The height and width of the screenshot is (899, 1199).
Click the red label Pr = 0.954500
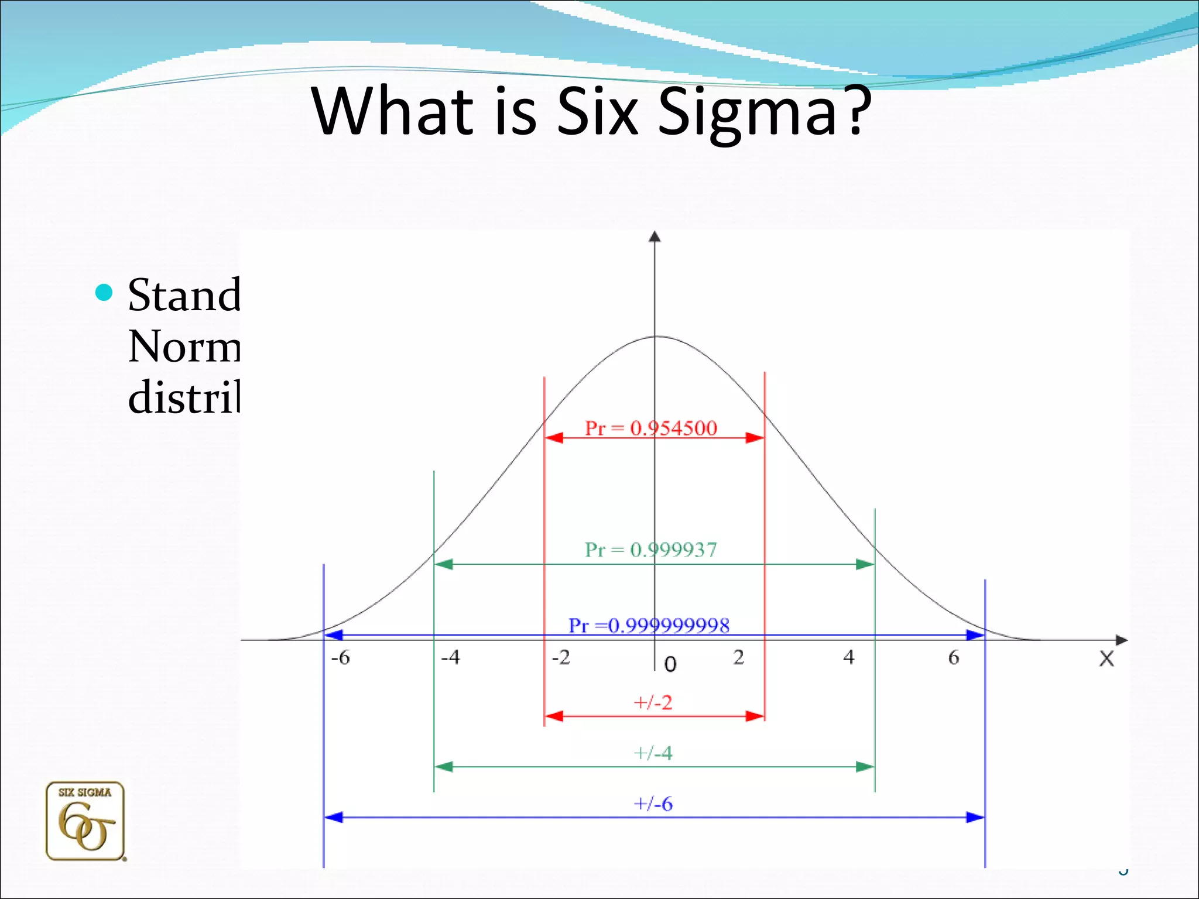[650, 428]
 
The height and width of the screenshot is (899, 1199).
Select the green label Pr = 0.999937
[650, 550]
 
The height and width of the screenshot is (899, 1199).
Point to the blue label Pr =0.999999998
[649, 626]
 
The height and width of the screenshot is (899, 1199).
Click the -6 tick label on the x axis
[340, 658]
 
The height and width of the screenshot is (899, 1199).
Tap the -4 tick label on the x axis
[450, 657]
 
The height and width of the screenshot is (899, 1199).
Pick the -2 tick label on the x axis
[561, 657]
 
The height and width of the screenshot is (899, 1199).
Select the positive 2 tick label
[738, 657]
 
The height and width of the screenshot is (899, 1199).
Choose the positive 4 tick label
[849, 657]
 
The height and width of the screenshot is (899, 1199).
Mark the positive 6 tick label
[954, 658]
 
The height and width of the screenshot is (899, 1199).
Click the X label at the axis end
[1106, 659]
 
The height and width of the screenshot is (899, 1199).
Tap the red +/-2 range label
[653, 702]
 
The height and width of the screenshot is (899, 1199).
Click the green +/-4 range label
[653, 753]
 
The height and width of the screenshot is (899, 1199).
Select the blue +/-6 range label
[653, 804]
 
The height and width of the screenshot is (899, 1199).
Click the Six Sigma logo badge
[85, 821]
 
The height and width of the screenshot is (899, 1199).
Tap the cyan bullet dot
[104, 292]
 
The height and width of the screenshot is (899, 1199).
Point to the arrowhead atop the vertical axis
[655, 236]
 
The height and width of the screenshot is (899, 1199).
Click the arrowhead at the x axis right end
[1121, 640]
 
